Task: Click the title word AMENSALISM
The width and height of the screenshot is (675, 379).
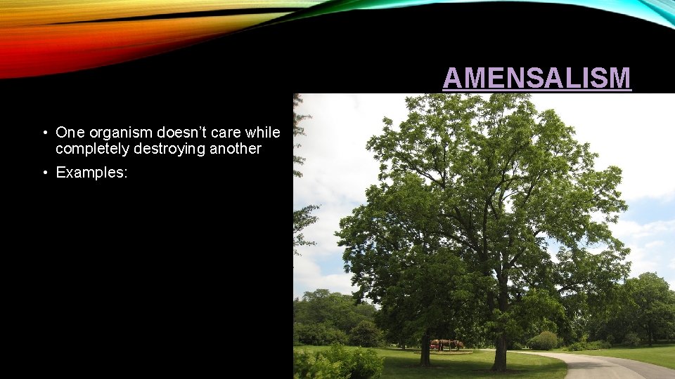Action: tap(536, 78)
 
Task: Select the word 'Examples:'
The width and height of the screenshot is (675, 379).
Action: tap(91, 173)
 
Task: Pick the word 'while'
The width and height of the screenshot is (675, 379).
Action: tap(265, 133)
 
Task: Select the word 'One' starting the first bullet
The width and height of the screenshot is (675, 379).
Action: tap(70, 133)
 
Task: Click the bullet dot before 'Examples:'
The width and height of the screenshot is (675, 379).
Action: tap(44, 173)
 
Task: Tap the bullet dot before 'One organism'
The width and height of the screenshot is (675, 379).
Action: tap(44, 133)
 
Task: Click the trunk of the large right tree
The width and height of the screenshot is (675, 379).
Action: tap(500, 344)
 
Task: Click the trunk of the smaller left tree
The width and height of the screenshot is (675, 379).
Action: tap(425, 349)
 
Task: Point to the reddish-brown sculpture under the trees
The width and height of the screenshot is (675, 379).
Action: tap(447, 344)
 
